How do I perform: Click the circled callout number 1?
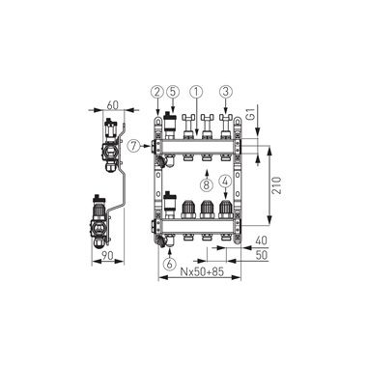[x=196, y=92]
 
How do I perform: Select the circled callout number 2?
[x=157, y=92]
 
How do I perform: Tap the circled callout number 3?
[x=226, y=92]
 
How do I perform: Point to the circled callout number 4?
[x=225, y=182]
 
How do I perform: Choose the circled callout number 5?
[x=173, y=92]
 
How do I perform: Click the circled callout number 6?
[x=169, y=264]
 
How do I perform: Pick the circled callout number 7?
[x=133, y=146]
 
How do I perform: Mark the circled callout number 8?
[x=207, y=184]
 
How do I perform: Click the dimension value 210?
[x=277, y=185]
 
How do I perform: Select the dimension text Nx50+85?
[x=202, y=272]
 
